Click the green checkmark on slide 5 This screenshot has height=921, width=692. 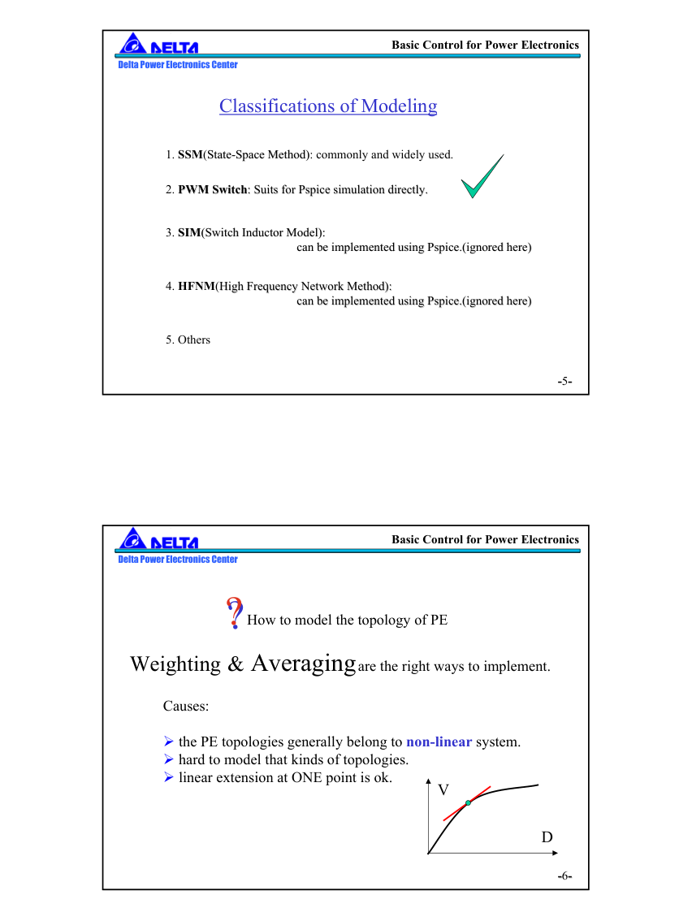tap(480, 179)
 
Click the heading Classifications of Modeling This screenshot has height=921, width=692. tap(328, 106)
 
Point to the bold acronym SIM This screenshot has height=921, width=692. tap(189, 233)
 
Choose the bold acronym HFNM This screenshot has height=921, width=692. tap(197, 287)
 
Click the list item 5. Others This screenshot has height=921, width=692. tap(188, 340)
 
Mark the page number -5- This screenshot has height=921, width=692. tap(564, 381)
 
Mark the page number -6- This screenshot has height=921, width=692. tap(564, 876)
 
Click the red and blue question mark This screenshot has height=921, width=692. tap(234, 613)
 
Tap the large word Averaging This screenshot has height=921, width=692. tap(303, 664)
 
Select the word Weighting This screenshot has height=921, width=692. tap(175, 664)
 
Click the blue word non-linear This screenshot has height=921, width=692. tap(439, 742)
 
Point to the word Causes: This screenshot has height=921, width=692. tap(186, 707)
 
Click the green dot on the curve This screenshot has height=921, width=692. tap(468, 803)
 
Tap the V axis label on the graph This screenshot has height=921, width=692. tap(443, 790)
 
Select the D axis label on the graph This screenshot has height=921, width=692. tap(547, 837)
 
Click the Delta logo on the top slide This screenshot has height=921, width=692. tap(158, 45)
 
